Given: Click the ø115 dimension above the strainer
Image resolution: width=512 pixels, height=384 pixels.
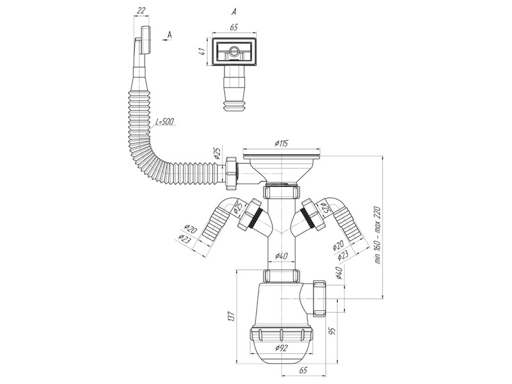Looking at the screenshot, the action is coord(281,143).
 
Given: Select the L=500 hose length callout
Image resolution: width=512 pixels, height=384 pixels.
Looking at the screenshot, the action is coord(164,122).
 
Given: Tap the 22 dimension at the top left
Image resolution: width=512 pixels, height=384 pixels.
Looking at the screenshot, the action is coord(141,10).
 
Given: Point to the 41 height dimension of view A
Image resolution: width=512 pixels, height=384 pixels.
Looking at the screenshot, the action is coord(202,51).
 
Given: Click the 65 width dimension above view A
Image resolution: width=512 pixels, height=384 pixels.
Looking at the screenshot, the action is coord(234,27).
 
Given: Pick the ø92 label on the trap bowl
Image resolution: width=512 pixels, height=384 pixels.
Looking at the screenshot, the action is coord(281,348).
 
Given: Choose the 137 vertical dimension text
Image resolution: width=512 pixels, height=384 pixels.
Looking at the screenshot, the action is coord(231,316).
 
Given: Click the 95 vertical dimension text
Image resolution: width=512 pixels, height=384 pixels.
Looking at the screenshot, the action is coord(332,331).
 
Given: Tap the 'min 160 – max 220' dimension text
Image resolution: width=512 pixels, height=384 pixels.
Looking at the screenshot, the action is coord(378,235).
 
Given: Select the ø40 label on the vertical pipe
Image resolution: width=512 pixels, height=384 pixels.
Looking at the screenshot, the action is coord(281,256).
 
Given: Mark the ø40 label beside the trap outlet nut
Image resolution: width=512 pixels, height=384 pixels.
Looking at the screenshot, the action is coord(339,273).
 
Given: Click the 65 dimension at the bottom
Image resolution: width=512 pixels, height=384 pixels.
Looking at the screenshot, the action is coord(303,370).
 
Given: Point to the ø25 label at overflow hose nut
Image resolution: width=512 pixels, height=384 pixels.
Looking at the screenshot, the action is coord(218,153).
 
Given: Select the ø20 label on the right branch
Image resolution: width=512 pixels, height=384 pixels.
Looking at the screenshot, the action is coord(339,245).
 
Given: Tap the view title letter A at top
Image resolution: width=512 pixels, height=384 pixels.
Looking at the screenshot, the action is coord(234,12).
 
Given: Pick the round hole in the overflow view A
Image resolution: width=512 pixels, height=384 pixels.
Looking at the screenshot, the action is coord(234,51).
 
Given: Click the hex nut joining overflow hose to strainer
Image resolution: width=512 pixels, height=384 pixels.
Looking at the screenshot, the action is coord(230,172).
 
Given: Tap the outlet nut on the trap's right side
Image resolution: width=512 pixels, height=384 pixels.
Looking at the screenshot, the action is coord(319,298).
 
